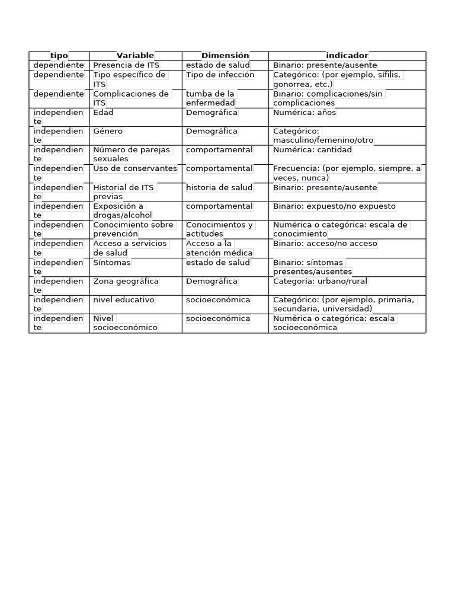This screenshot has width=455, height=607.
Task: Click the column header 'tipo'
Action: point(59,56)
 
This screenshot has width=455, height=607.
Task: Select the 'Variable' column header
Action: point(135,56)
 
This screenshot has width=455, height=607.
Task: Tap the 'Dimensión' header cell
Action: point(225,56)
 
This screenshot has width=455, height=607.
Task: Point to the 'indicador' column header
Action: point(347,56)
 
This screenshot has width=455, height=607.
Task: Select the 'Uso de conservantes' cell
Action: point(135,169)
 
